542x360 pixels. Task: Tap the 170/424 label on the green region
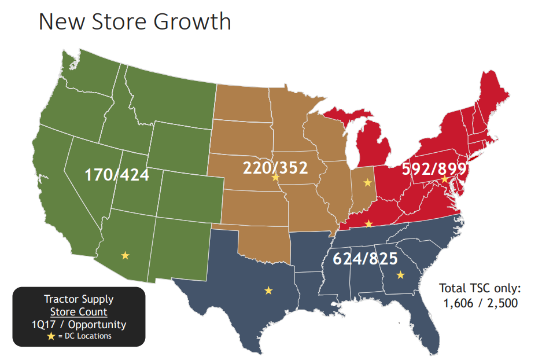point(117,174)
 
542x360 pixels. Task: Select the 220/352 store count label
point(275,168)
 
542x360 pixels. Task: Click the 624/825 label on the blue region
point(365,259)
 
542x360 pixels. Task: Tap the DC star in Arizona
point(125,255)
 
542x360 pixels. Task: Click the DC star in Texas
point(268,290)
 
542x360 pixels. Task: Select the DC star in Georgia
point(400,275)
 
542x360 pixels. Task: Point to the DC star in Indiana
point(367,183)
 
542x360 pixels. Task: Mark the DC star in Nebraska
point(275,178)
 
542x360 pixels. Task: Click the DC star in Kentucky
point(368,223)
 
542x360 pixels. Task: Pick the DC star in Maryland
point(444,180)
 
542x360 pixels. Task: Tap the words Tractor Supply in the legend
point(79,299)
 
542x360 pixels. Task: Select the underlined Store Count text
point(79,312)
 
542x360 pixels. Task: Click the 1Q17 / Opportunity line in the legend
point(79,325)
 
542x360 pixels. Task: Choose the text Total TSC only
point(480,288)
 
